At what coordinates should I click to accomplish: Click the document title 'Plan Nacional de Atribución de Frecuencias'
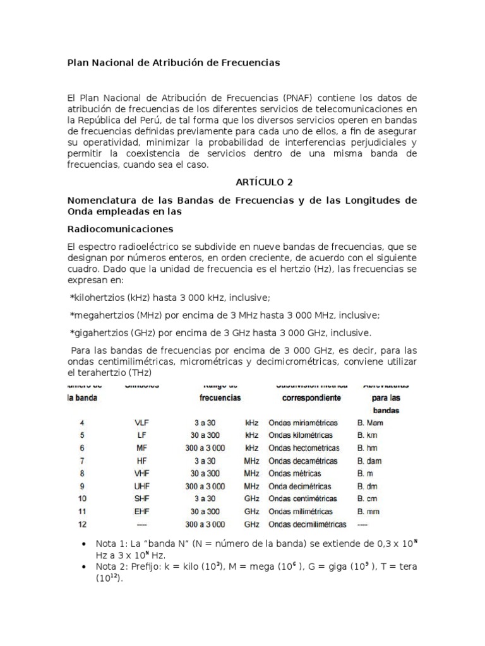click(173, 63)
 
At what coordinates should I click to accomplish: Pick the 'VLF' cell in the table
click(141, 423)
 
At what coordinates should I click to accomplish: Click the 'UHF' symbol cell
click(141, 486)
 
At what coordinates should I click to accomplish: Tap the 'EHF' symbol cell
click(141, 512)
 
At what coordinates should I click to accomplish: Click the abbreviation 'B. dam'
click(369, 461)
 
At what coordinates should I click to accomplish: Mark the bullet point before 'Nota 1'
click(85, 544)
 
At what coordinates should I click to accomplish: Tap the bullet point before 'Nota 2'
click(85, 567)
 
